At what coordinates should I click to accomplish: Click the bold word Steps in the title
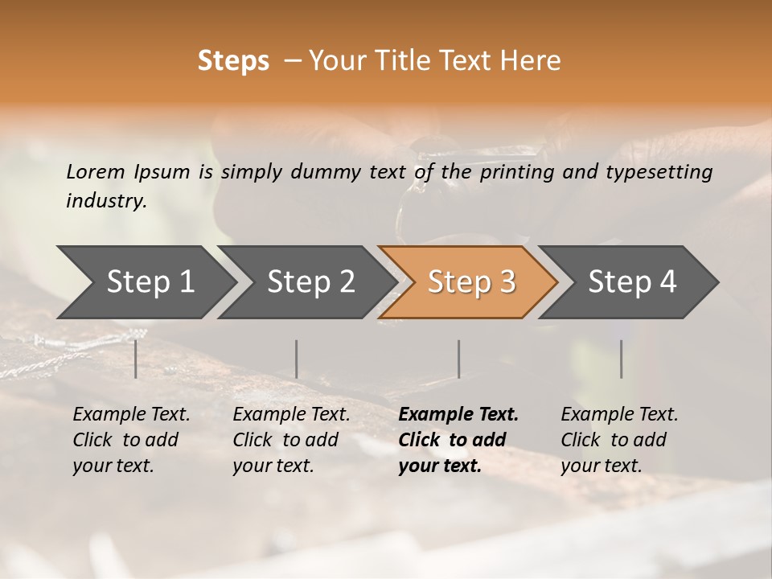point(233,61)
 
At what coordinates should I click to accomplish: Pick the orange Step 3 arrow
point(471,281)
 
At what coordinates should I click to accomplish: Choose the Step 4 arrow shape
point(632,281)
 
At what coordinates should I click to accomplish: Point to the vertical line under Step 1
point(136,359)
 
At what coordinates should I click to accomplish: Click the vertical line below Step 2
point(297,359)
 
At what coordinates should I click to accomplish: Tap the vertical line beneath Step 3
point(459,359)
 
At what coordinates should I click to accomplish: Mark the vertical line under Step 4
point(621,359)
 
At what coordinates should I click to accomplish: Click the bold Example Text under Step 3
point(458,415)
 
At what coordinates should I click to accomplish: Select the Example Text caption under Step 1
point(131,415)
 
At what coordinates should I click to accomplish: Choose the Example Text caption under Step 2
point(291,415)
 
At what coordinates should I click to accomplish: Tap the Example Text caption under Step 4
point(619,415)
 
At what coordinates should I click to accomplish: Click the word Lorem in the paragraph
point(96,172)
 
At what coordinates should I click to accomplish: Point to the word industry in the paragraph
point(106,201)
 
